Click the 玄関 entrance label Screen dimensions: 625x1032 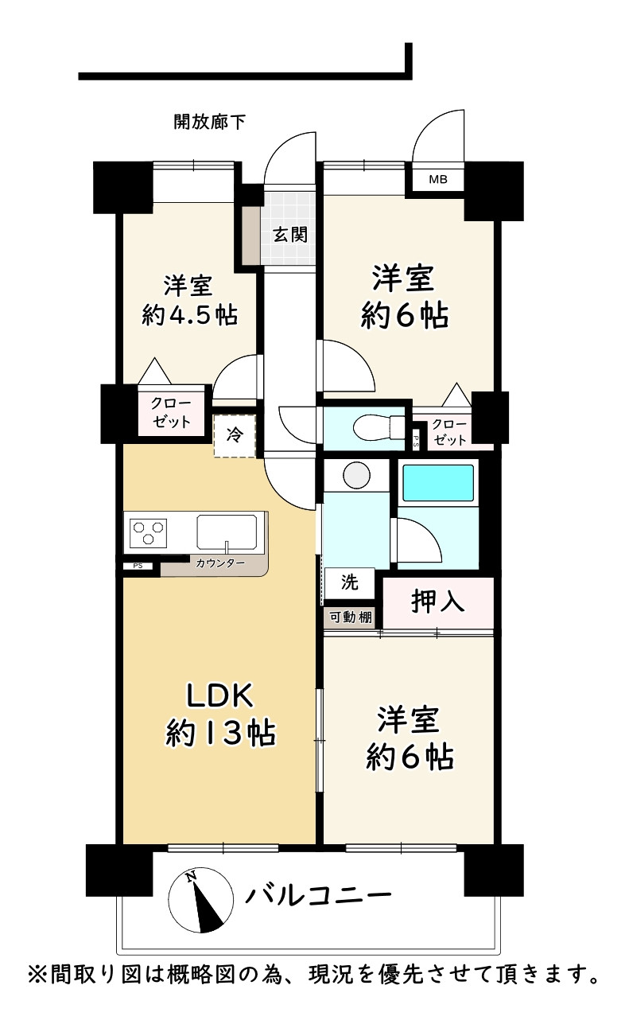[x=290, y=235]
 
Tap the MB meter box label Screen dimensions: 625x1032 [x=438, y=179]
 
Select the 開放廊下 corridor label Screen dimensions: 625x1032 [x=209, y=122]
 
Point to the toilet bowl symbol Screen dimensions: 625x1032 [x=378, y=427]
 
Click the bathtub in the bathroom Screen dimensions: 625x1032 [x=438, y=483]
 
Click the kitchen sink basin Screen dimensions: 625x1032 [x=227, y=532]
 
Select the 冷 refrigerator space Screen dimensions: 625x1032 [x=235, y=435]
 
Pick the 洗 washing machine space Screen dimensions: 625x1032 [x=350, y=582]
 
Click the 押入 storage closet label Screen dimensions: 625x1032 [x=437, y=602]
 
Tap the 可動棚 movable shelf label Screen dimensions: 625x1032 [x=351, y=617]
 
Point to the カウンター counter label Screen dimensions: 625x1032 [x=220, y=563]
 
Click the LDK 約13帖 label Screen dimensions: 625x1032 [x=220, y=714]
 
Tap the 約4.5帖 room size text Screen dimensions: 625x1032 [x=189, y=316]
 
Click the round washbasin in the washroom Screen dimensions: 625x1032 [x=356, y=474]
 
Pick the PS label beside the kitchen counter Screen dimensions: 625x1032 [x=138, y=566]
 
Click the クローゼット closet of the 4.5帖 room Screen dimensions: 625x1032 [x=171, y=412]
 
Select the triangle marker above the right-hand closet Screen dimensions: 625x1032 [x=456, y=395]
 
